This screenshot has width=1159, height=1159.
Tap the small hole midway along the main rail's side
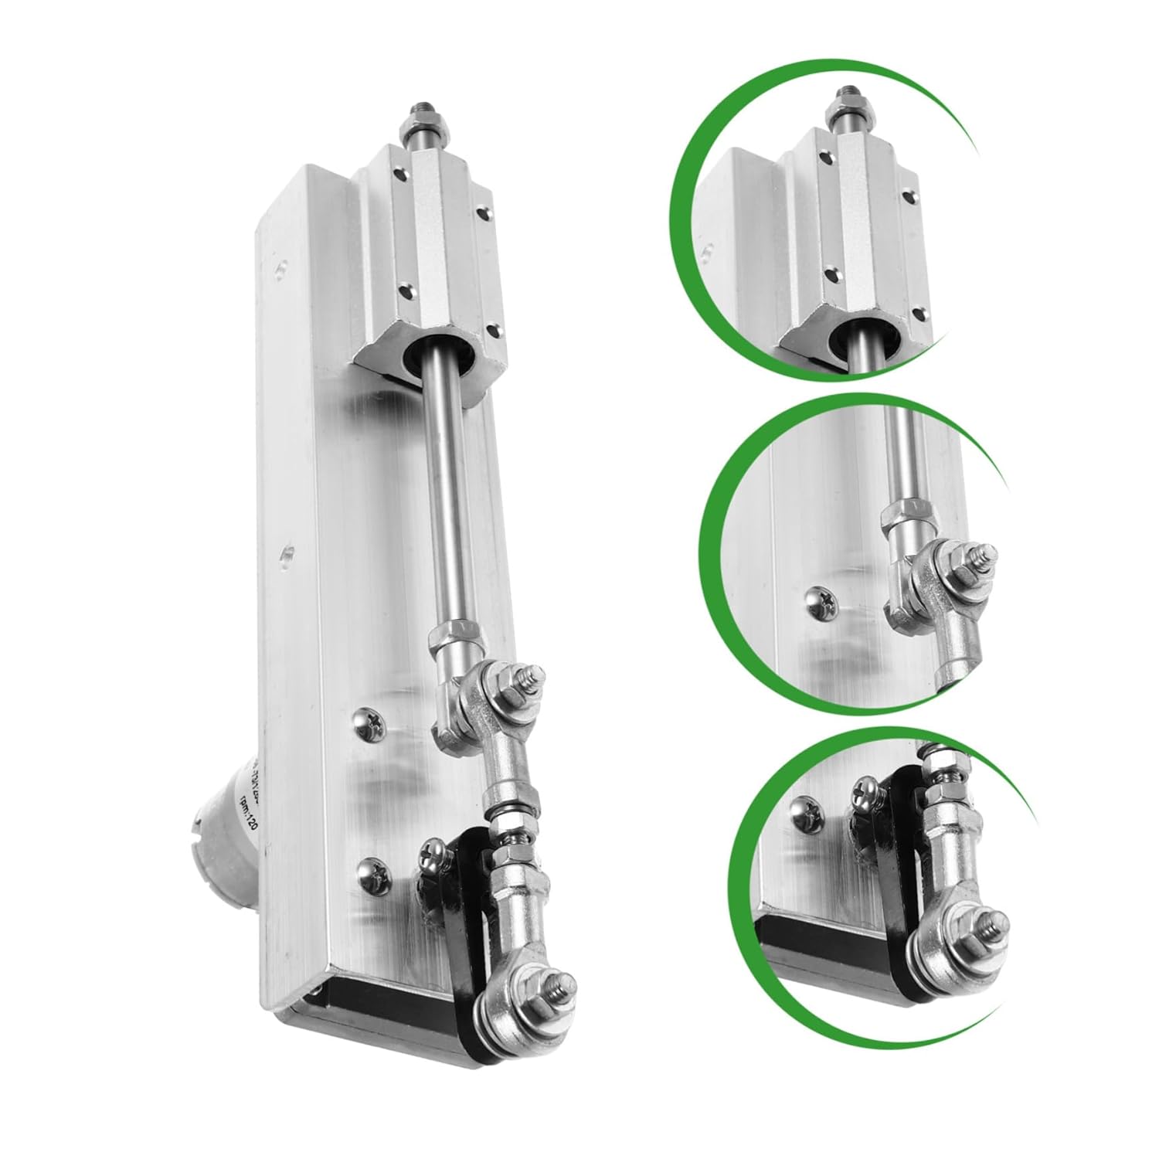click(287, 553)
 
